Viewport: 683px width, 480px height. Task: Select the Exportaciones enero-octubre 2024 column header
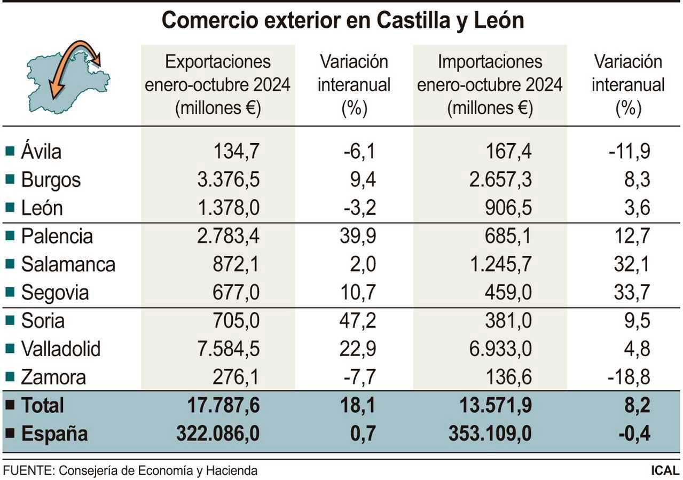tap(218, 85)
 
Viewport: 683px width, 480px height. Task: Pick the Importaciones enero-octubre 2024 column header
tap(490, 85)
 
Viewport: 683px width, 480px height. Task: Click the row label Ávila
tap(41, 152)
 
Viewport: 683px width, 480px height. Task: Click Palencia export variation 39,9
tap(358, 237)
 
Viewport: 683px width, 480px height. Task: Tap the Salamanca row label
tap(68, 265)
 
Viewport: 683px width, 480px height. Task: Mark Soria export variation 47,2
tap(358, 321)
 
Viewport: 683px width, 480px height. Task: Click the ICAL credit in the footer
tap(665, 471)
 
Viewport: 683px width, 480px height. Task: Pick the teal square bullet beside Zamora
tap(10, 377)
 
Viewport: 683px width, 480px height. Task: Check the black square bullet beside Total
tap(10, 405)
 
